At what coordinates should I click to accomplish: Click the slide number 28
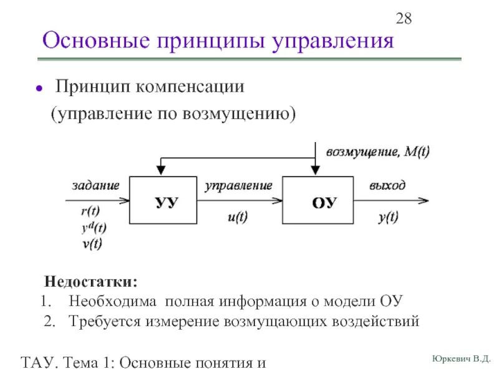pos(404,19)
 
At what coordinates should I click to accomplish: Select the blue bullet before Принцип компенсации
pos(39,88)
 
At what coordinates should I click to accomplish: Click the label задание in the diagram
pos(95,185)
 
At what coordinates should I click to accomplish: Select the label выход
pos(387,185)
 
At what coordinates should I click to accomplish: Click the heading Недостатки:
pos(91,282)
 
